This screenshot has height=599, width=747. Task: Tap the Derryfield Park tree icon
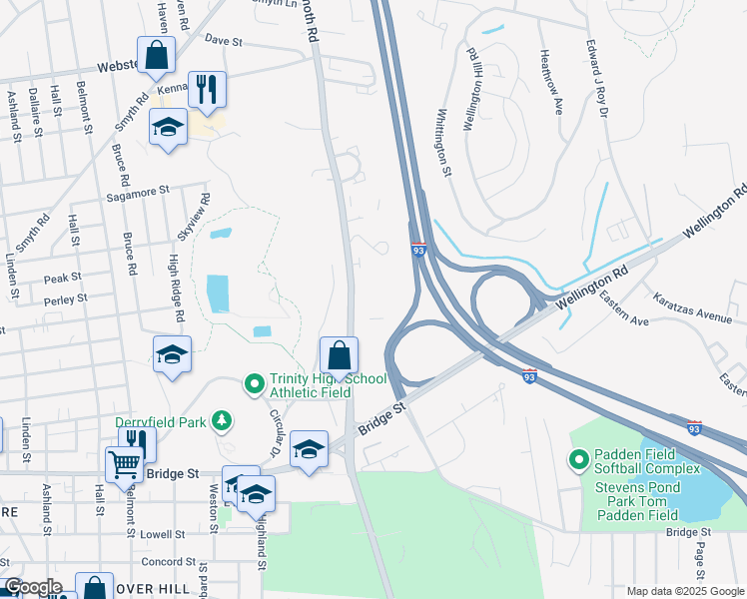[x=222, y=421]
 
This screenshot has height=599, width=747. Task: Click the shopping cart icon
[x=124, y=463]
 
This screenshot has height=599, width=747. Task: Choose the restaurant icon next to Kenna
[x=207, y=89]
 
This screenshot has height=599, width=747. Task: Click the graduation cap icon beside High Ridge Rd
[x=172, y=354]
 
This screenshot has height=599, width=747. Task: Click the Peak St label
[x=61, y=279]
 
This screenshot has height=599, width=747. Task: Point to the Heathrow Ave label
[x=551, y=73]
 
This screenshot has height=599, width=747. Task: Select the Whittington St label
[x=440, y=140]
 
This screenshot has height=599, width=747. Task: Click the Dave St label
[x=224, y=42]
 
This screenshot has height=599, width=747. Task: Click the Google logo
[x=32, y=588]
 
